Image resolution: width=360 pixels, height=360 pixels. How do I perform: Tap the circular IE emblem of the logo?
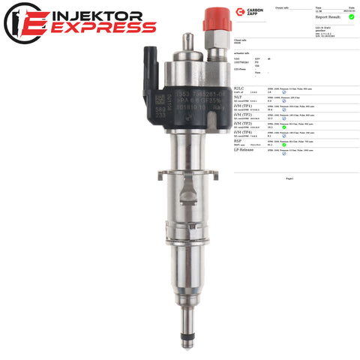point(22,22)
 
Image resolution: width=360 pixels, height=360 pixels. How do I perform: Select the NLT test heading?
point(238,97)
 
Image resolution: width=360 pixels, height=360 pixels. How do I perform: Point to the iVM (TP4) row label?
point(244,131)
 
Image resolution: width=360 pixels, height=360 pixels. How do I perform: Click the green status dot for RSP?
point(284,144)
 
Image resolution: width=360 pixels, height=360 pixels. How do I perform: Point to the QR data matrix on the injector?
point(160,98)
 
